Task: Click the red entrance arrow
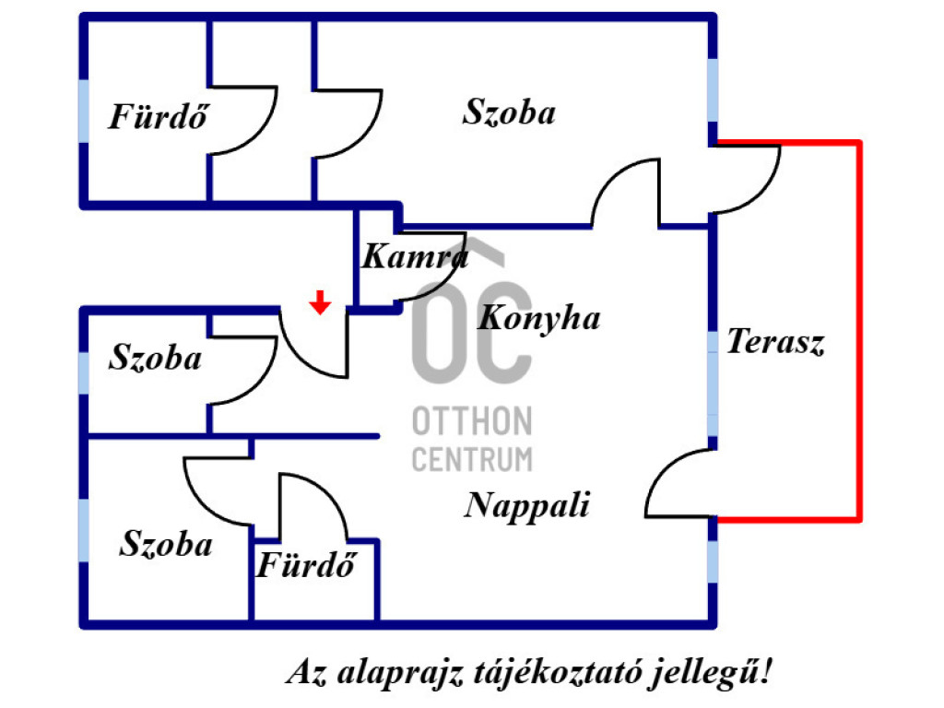319,302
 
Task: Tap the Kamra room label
412,256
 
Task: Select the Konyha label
539,318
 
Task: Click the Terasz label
775,342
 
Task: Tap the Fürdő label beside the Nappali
305,565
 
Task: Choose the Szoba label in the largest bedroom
509,112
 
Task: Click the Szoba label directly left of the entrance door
155,358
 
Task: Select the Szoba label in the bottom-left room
166,544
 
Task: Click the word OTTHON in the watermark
471,422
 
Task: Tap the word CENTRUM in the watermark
471,458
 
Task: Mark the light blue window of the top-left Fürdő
84,112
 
